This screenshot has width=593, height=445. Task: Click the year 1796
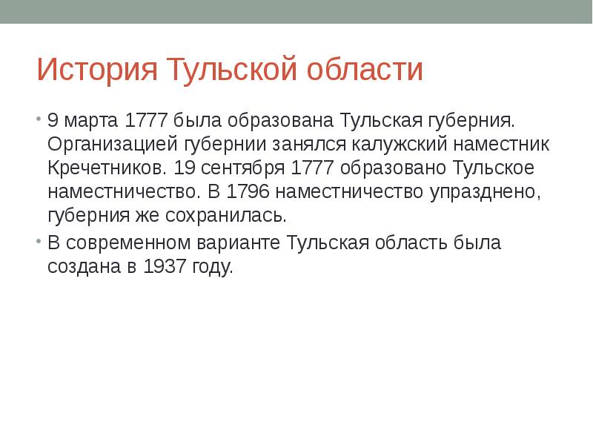pos(251,192)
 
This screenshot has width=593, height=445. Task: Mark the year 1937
pos(166,267)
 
